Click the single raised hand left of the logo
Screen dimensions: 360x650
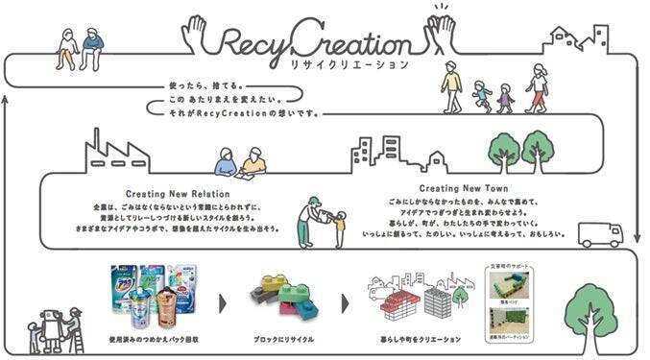point(195,34)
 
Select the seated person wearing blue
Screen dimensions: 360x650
point(91,48)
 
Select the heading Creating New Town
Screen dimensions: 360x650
point(464,189)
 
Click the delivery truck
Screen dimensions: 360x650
point(601,234)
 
